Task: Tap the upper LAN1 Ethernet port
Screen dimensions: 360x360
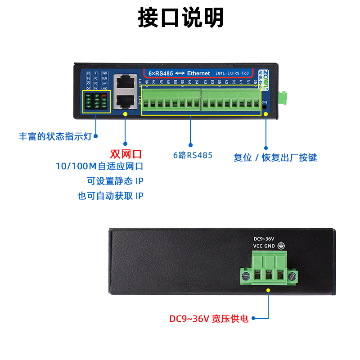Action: (x=125, y=82)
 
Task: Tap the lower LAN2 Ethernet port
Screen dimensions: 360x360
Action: (x=125, y=100)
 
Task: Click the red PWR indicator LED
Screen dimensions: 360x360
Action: (x=104, y=95)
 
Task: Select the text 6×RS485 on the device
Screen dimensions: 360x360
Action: (x=159, y=73)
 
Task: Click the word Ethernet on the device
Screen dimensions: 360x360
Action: (x=198, y=73)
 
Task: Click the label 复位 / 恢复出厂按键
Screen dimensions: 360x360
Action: (x=275, y=157)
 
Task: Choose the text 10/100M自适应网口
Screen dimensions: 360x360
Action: (x=99, y=166)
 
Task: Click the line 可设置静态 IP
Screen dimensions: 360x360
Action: (x=116, y=181)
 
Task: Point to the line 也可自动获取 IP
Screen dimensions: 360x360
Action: (x=111, y=196)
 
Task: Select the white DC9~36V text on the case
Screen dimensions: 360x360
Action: (x=264, y=238)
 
